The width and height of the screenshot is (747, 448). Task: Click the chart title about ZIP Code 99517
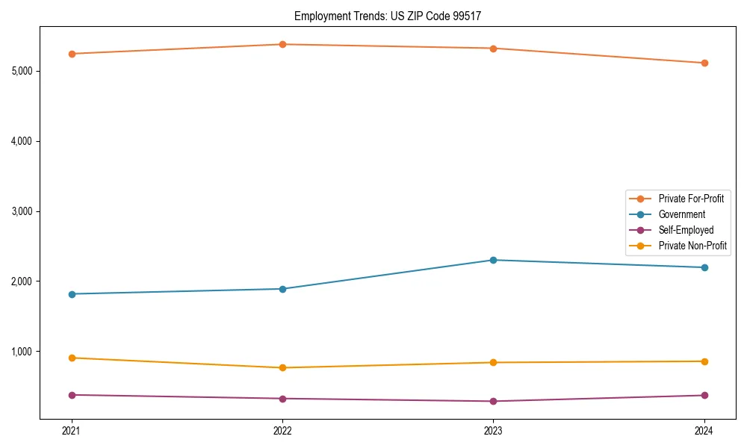pos(393,16)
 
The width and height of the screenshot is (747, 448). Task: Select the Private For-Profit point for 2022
pos(282,44)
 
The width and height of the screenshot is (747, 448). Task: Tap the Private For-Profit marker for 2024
pos(704,63)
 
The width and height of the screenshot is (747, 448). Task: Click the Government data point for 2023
pos(493,260)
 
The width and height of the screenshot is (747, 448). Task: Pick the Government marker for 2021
pos(72,294)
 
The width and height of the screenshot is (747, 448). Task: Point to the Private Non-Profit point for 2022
pos(282,367)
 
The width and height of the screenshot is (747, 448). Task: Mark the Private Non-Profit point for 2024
pos(704,361)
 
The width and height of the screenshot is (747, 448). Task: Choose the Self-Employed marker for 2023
pos(493,401)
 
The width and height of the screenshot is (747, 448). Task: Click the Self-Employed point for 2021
pos(72,395)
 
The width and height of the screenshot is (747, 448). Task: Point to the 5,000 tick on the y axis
pos(22,71)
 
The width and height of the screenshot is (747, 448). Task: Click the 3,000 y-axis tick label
pos(22,211)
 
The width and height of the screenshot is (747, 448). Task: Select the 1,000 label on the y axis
pos(22,352)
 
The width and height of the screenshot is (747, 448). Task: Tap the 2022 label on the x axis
pos(282,431)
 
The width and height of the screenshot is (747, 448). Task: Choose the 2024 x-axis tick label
pos(704,431)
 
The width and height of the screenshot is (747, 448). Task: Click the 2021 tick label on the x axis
pos(72,431)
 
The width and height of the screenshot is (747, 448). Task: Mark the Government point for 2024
pos(704,267)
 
